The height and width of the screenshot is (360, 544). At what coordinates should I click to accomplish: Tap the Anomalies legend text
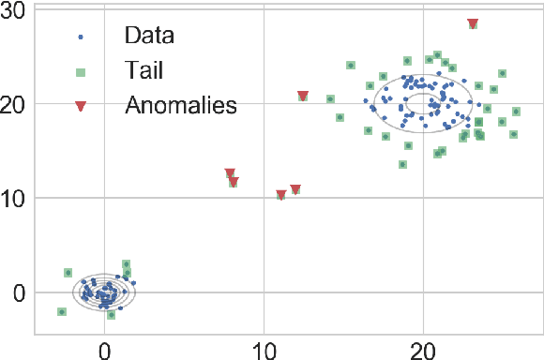(181, 104)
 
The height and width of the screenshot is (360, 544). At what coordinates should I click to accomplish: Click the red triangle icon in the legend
(81, 105)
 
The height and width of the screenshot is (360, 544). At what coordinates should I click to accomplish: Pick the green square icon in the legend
(81, 71)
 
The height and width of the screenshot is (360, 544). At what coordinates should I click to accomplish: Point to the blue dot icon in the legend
(81, 37)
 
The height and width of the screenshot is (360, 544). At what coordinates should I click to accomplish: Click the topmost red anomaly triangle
(473, 23)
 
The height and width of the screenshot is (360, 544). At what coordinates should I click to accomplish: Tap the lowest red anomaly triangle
(281, 195)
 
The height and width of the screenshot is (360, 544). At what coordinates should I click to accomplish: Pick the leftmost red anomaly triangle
(230, 173)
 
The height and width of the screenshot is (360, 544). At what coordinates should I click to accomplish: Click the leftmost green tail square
(62, 312)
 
